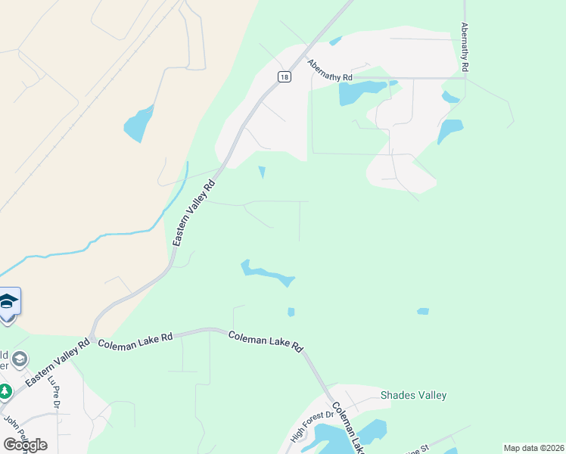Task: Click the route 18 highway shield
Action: (283, 76)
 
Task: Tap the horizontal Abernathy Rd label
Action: (330, 71)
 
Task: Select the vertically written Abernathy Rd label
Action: (465, 47)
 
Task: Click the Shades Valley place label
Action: (413, 395)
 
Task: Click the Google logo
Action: (25, 445)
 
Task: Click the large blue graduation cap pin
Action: (8, 302)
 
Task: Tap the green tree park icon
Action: (5, 392)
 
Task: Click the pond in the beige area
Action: (139, 124)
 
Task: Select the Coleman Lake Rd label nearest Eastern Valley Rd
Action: (135, 340)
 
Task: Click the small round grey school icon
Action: (20, 359)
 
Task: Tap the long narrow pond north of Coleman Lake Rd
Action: (266, 274)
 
